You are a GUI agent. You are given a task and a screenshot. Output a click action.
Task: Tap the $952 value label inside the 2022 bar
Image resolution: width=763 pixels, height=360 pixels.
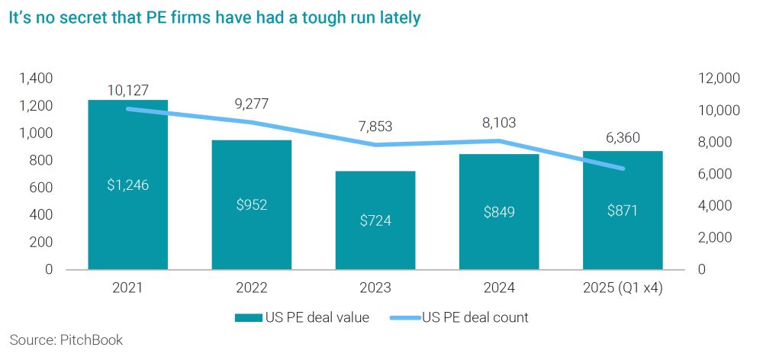pos(251,204)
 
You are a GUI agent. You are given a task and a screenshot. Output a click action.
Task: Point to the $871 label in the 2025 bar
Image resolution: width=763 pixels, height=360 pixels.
pos(623,211)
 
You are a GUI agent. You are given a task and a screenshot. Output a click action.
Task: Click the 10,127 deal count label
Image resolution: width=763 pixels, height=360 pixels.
pos(127,90)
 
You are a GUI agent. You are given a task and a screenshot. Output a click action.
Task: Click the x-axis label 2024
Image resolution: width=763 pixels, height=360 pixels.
pos(499,288)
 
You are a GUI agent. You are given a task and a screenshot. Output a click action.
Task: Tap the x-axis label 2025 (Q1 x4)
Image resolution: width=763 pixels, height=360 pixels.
pos(623,288)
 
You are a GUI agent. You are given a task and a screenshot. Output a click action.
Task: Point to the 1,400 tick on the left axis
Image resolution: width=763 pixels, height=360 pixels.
pos(36,78)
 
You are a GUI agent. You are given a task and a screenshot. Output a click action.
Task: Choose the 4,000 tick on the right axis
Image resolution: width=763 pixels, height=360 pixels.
pos(715,206)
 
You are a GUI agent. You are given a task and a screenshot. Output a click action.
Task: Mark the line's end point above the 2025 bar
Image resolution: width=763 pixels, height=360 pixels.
pos(623,169)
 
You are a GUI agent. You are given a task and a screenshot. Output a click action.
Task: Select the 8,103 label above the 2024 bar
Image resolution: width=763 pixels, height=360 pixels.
pos(499,122)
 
